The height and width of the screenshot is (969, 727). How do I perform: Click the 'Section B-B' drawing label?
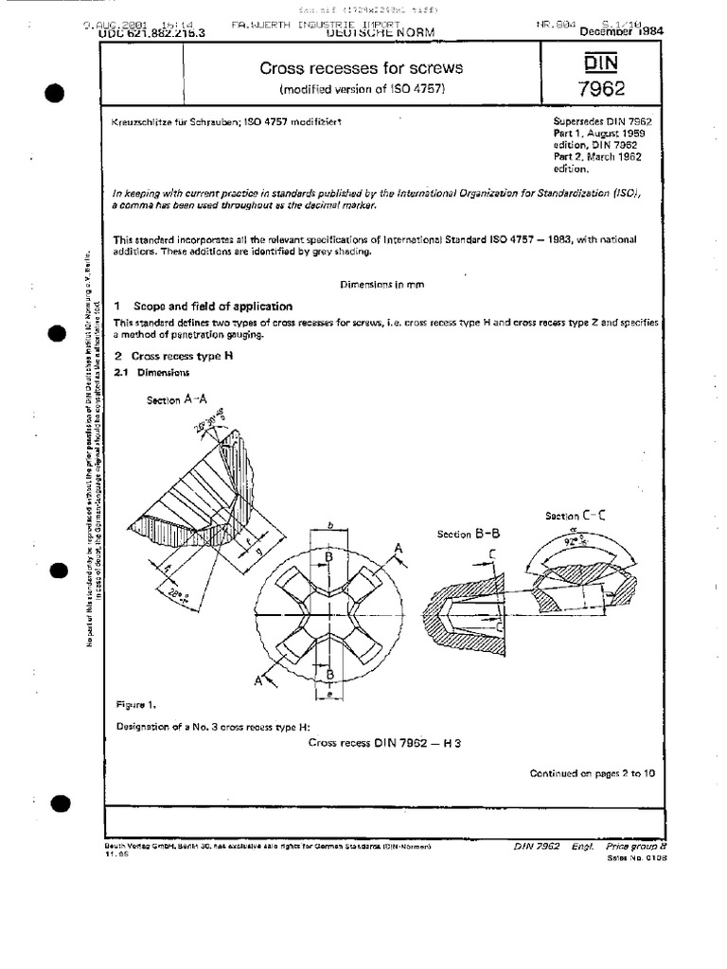tap(469, 534)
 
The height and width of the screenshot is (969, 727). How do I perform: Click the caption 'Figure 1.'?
tap(135, 705)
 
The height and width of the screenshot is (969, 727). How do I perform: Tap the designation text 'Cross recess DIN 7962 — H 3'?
tap(384, 743)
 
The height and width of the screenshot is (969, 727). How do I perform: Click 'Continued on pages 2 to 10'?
tap(592, 773)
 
